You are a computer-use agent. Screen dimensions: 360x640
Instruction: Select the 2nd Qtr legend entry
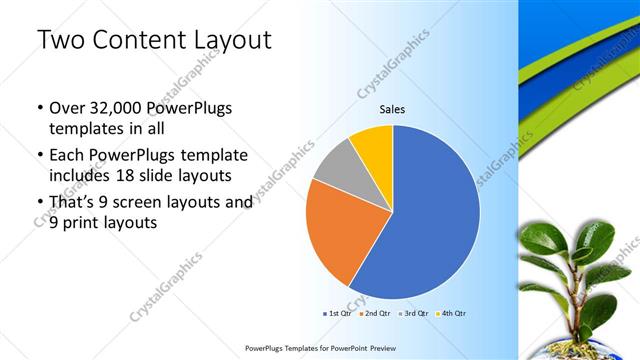click(x=376, y=313)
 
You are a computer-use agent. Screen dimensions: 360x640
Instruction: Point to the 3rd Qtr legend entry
click(x=416, y=313)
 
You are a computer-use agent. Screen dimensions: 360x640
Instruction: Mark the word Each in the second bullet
click(x=68, y=155)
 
